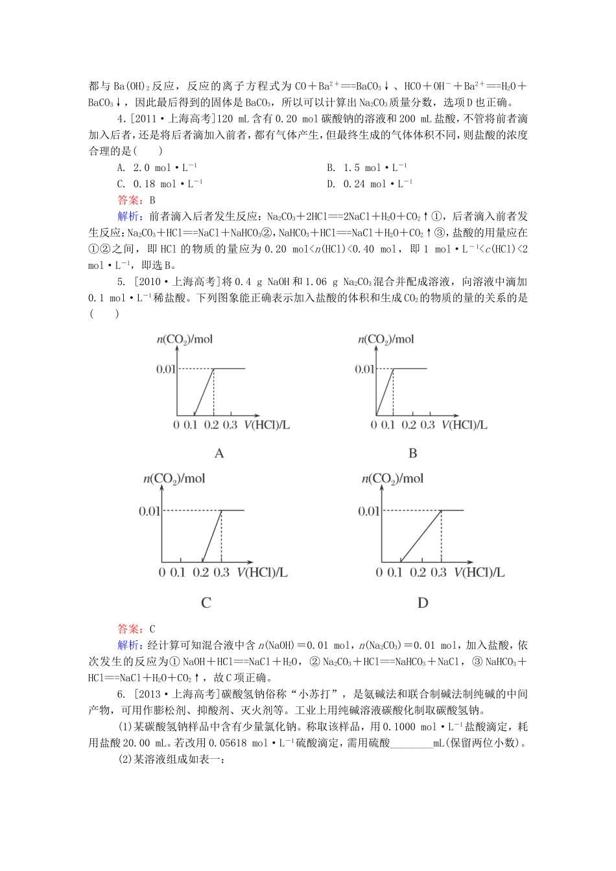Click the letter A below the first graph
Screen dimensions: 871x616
tap(219, 454)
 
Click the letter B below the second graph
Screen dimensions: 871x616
tap(412, 454)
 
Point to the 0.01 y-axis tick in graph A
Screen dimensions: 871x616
tap(166, 369)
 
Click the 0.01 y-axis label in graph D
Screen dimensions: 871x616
tap(368, 511)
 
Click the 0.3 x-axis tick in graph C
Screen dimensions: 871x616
tap(221, 573)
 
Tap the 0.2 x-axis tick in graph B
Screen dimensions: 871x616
tap(409, 425)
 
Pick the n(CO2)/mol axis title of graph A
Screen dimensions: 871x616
tap(185, 340)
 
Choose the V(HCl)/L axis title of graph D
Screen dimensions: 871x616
tap(479, 573)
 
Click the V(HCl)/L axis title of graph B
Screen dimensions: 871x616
tap(464, 425)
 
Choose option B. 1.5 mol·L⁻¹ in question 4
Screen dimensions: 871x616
tap(367, 168)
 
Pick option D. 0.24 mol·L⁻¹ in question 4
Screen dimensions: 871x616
tap(370, 184)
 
